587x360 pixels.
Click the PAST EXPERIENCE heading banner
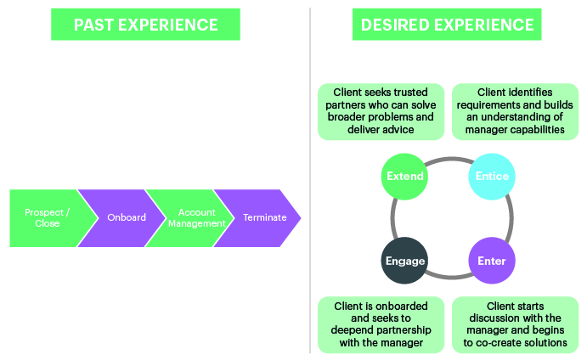tap(145, 25)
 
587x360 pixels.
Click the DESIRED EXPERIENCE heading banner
tap(447, 25)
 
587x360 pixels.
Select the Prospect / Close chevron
tap(48, 218)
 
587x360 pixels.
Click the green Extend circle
tap(404, 177)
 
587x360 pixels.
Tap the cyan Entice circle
tap(492, 177)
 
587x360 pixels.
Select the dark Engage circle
tap(404, 261)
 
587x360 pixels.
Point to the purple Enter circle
tap(492, 261)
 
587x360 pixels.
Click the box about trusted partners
tap(381, 111)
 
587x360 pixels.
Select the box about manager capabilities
tap(515, 111)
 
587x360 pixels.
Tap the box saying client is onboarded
tap(381, 325)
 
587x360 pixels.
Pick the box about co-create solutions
tap(515, 325)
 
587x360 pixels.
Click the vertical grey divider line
tap(310, 180)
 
